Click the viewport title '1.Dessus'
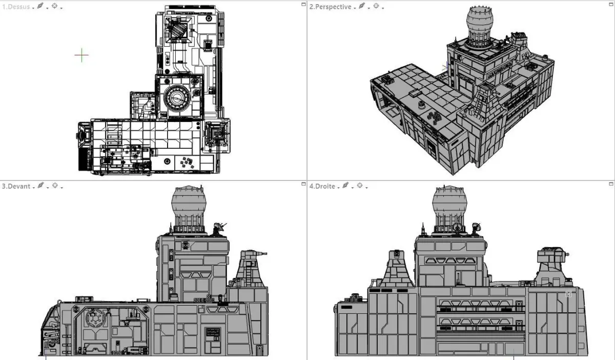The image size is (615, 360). pyautogui.click(x=16, y=7)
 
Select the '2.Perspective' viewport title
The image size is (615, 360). pyautogui.click(x=330, y=7)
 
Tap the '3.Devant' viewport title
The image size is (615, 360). pyautogui.click(x=16, y=186)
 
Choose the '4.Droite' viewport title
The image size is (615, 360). pyautogui.click(x=322, y=186)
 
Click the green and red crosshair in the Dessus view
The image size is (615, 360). pyautogui.click(x=81, y=55)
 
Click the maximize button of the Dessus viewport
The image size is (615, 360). pyautogui.click(x=303, y=4)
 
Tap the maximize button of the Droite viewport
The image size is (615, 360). pyautogui.click(x=611, y=184)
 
